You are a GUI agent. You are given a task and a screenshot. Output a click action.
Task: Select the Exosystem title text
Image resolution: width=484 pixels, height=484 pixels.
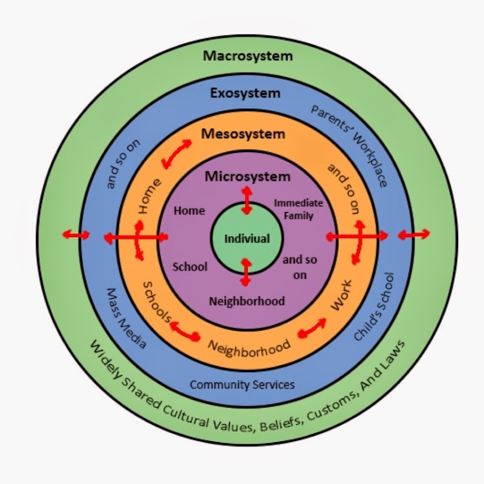[x=245, y=93]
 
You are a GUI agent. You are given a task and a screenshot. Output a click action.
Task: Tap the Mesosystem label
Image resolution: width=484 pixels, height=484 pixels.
[x=243, y=134]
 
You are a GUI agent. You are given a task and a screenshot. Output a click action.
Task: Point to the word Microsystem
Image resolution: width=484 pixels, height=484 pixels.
[x=247, y=176]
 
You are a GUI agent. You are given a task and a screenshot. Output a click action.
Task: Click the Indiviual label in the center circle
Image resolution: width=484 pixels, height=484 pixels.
[x=247, y=238]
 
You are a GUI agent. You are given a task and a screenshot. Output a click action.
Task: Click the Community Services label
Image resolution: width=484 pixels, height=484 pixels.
[x=242, y=385]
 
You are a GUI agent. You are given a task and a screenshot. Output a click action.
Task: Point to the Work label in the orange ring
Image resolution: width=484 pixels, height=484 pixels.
[x=340, y=295]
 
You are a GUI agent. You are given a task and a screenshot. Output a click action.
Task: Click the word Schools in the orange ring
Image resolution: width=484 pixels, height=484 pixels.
[x=156, y=302]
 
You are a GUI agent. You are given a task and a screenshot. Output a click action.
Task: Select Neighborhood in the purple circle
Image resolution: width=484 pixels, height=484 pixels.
[x=247, y=301]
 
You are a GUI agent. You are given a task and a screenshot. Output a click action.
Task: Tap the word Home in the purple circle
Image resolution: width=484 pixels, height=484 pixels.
[x=189, y=210]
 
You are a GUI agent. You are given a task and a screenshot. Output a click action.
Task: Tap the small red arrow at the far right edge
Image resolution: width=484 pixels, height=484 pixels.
[x=414, y=234]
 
